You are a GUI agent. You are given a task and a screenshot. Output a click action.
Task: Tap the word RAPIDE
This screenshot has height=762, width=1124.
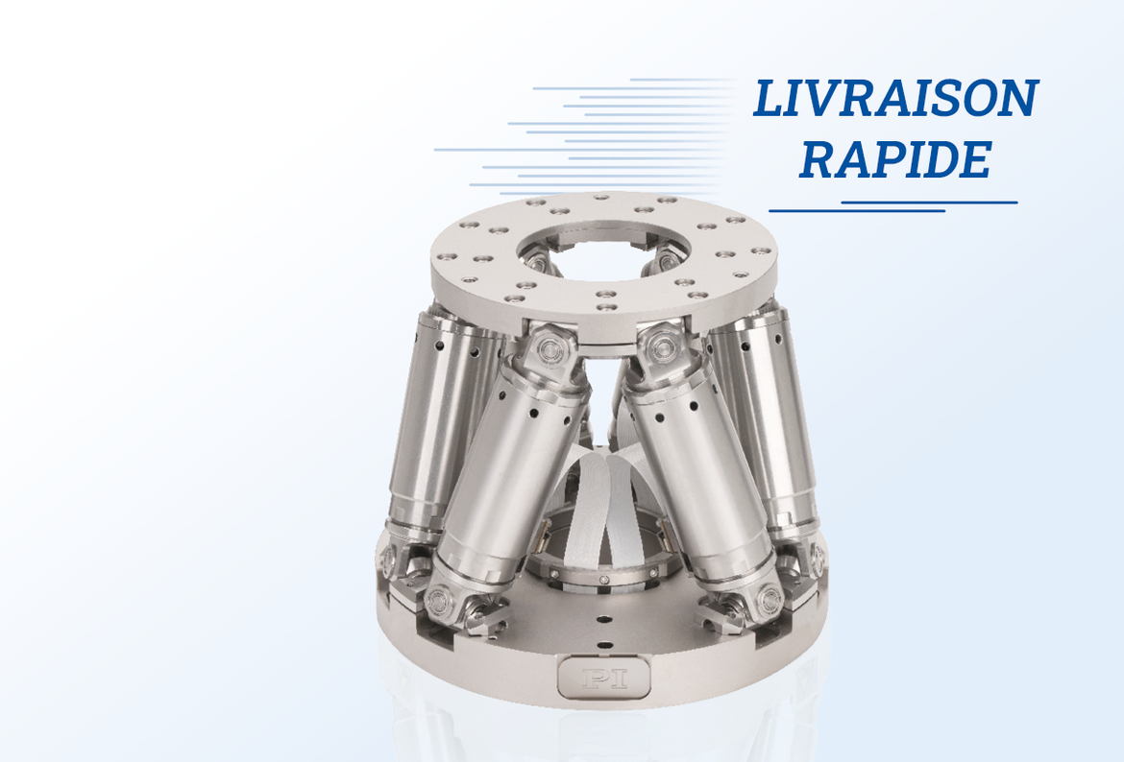pos(895,159)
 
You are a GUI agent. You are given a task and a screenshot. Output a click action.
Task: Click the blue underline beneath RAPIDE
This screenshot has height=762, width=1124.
pos(893,207)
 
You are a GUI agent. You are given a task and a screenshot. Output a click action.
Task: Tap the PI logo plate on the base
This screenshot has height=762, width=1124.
pos(603,677)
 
